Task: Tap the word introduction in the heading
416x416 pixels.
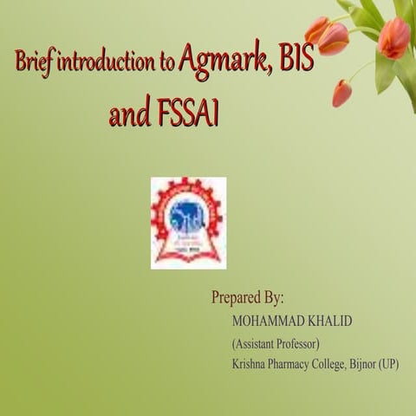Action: pos(103,64)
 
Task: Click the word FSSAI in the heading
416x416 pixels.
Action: pos(185,115)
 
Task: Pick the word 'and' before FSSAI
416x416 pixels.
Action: pos(128,115)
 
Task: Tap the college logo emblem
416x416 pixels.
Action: pos(188,223)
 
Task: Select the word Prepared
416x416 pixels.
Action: pos(236,298)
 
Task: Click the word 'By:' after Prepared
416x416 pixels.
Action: pos(273,298)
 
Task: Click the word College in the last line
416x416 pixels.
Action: pos(341,364)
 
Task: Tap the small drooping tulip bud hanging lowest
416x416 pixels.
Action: pos(341,94)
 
